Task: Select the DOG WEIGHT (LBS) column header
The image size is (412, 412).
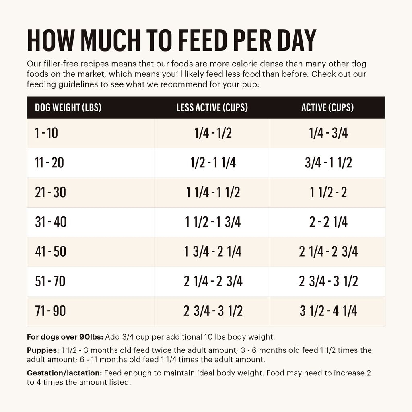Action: click(68, 107)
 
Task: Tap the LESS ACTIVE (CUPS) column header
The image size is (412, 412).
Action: click(212, 107)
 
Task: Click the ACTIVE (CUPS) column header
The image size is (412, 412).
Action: click(328, 107)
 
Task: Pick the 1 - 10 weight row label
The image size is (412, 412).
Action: click(46, 133)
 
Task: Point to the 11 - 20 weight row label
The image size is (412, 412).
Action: click(49, 163)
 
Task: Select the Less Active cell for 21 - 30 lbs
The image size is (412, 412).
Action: click(213, 193)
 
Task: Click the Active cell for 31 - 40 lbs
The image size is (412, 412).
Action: click(328, 222)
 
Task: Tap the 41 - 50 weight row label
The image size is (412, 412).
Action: click(51, 252)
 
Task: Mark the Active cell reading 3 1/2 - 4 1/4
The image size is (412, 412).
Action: click(328, 311)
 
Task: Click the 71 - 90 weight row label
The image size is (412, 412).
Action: click(50, 311)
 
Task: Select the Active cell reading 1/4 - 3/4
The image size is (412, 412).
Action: click(328, 133)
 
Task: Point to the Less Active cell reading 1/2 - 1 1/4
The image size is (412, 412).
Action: click(213, 163)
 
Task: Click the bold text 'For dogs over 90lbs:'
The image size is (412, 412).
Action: click(65, 337)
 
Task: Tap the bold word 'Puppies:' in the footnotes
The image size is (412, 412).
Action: click(43, 350)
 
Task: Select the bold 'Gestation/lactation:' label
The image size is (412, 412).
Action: click(64, 373)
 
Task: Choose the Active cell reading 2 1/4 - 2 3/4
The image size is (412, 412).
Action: click(328, 252)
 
